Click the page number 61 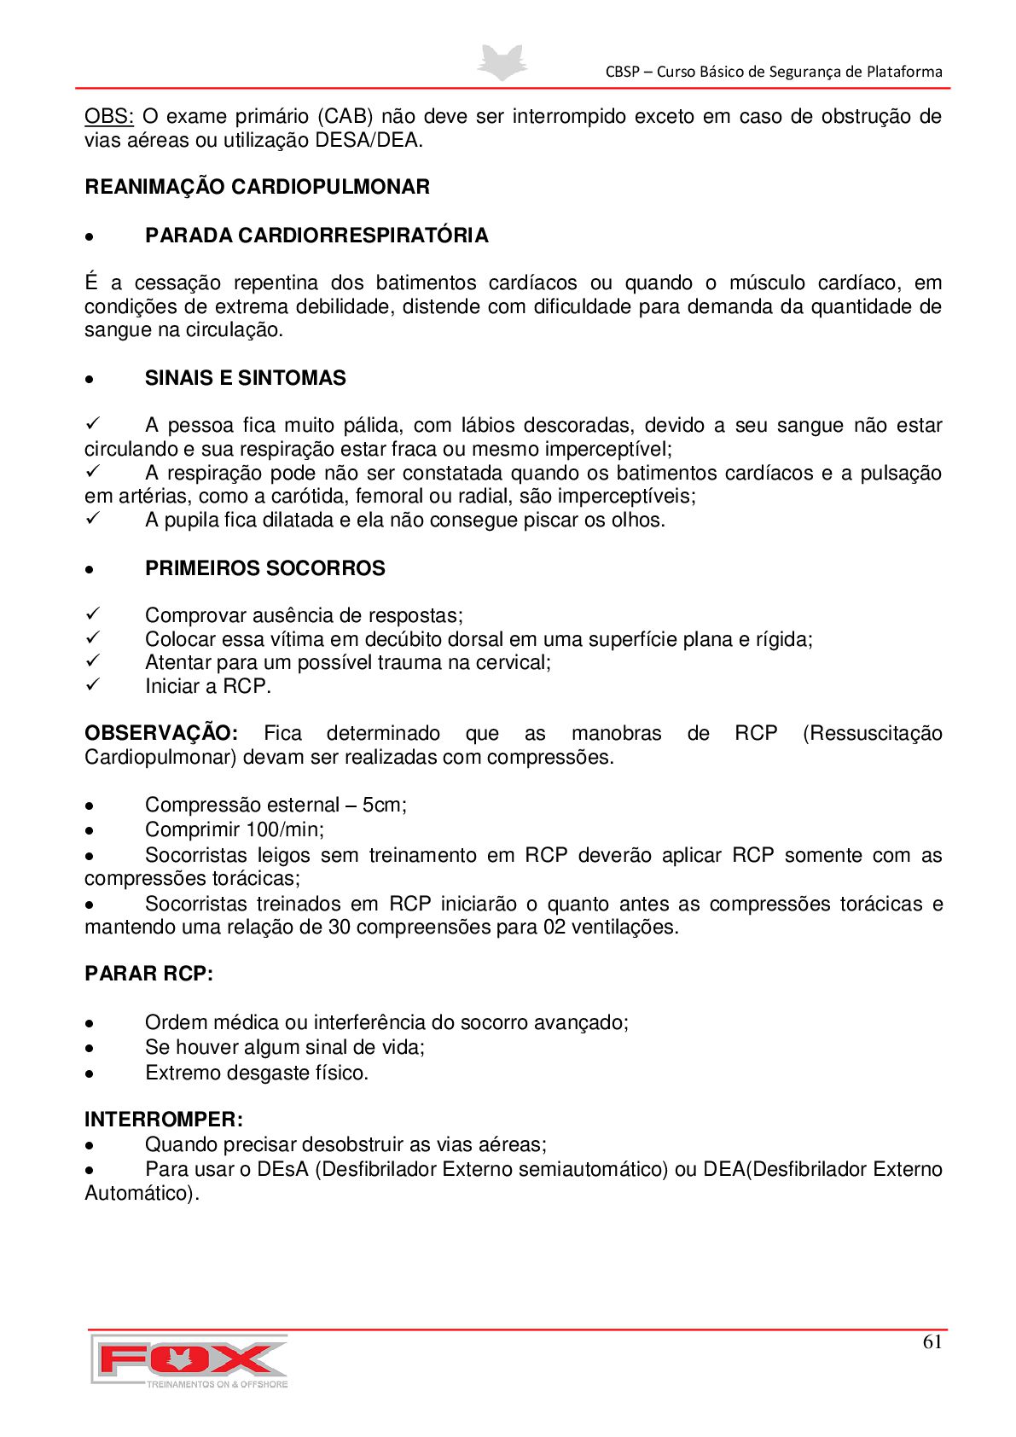(932, 1341)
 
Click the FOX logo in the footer (189, 1360)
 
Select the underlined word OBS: (108, 117)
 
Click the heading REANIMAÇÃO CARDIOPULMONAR (257, 187)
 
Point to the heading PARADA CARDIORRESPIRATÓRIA (316, 236)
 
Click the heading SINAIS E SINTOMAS (245, 378)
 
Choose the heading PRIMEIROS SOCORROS (264, 568)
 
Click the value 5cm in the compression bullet (384, 805)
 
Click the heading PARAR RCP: (148, 974)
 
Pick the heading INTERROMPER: (164, 1120)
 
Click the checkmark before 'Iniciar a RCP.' (93, 685)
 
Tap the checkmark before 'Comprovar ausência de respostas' (93, 614)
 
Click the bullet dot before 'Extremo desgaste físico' (89, 1074)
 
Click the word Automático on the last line (141, 1193)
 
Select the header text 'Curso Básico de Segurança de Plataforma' (799, 72)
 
